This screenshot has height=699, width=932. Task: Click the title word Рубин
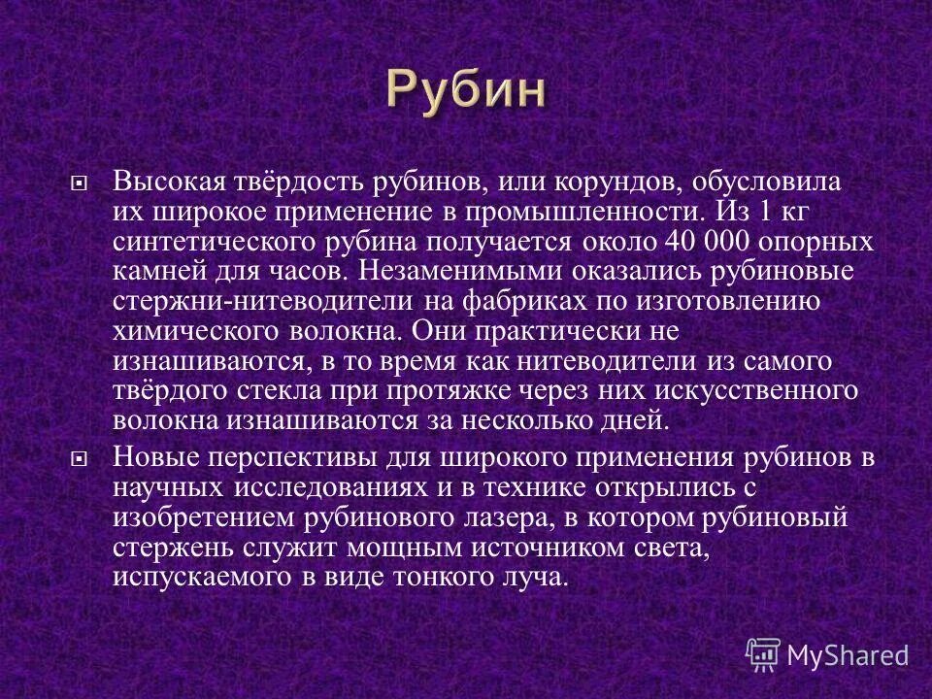click(x=466, y=90)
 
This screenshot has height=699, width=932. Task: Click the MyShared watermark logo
click(x=826, y=653)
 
